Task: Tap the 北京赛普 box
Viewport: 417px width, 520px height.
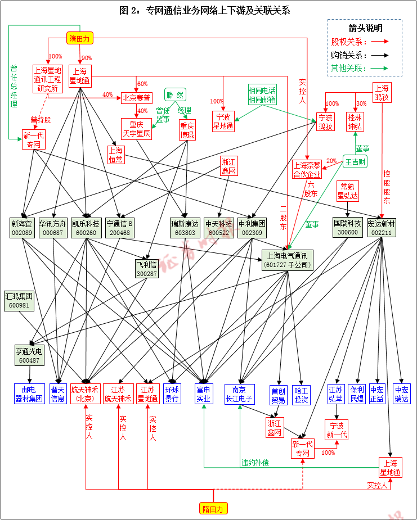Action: click(137, 98)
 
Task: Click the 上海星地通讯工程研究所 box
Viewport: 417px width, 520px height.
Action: click(48, 79)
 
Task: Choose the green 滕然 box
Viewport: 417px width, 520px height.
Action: click(176, 94)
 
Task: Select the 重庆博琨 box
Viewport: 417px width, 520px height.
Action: click(187, 129)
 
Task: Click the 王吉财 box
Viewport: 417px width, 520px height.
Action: click(356, 162)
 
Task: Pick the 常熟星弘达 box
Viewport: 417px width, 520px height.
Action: click(348, 191)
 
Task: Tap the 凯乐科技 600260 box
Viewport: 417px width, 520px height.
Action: click(86, 228)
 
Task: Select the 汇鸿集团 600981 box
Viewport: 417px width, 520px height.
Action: click(19, 300)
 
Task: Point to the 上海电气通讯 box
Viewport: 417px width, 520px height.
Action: click(288, 259)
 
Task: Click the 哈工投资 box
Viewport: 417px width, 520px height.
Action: click(302, 395)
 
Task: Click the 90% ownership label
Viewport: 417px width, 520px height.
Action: click(86, 58)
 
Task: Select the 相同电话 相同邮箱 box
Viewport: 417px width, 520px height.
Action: click(262, 95)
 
